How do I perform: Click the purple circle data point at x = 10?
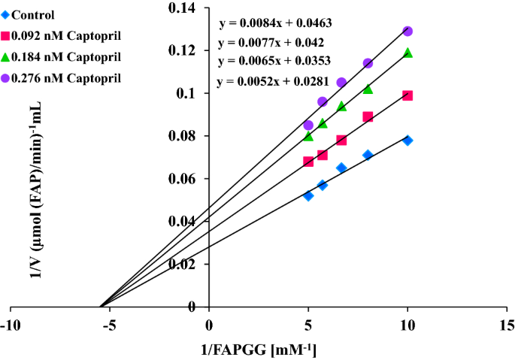point(407,31)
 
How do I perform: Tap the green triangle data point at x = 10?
point(407,53)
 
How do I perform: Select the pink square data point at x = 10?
point(407,95)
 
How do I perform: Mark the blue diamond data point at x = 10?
point(407,141)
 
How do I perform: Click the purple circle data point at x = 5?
point(308,125)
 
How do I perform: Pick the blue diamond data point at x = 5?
point(308,195)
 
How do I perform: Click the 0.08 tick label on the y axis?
point(189,136)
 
